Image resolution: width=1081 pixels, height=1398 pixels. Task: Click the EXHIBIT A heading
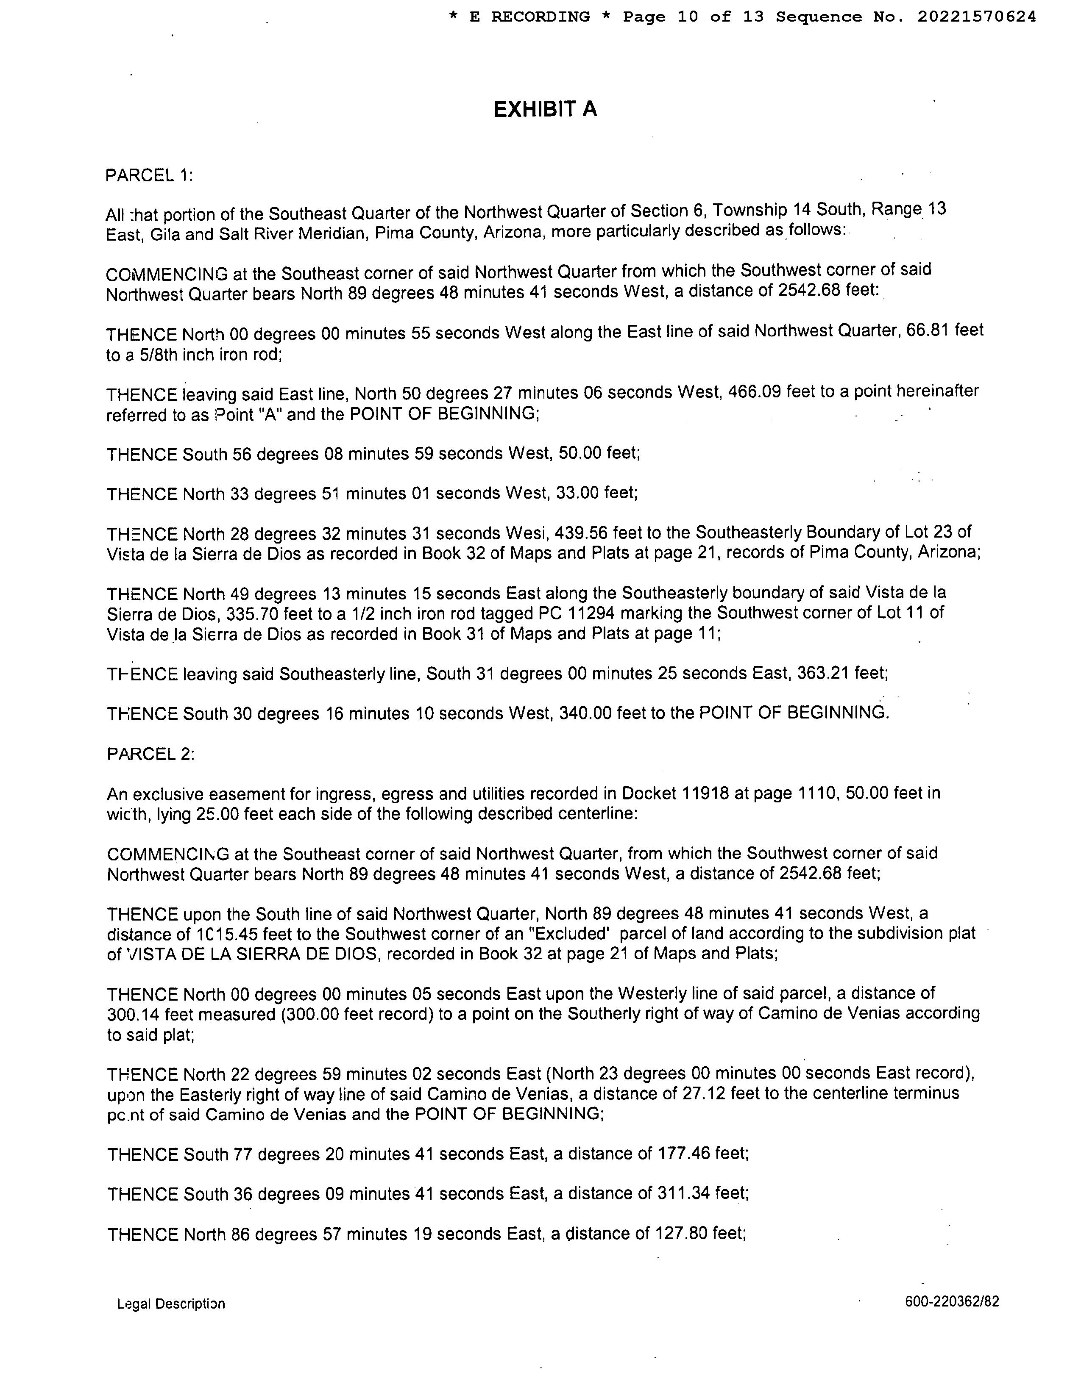(545, 109)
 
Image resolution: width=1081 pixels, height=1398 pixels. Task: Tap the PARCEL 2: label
(150, 754)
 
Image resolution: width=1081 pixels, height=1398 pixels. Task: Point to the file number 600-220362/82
(952, 1301)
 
